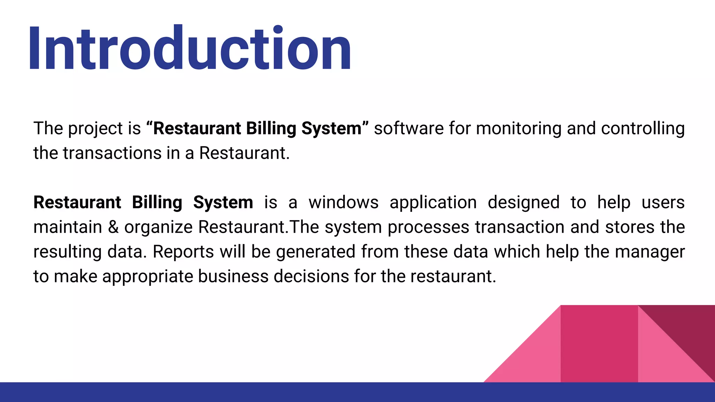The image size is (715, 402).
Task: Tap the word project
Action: pos(95,129)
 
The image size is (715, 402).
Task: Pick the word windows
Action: pos(344,202)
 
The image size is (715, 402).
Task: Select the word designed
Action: pos(524,202)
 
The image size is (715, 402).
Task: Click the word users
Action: pos(663,202)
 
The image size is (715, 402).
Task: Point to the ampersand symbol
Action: pos(113,227)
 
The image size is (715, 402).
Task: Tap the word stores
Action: pos(630,227)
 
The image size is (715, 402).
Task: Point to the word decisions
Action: pos(311,276)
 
